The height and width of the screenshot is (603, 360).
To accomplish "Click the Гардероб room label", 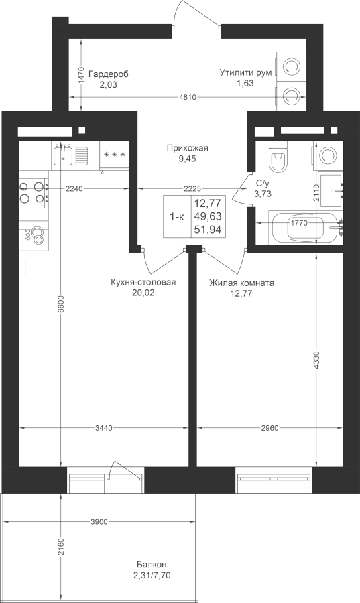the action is tap(109, 74).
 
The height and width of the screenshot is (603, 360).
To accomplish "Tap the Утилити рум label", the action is tap(246, 72).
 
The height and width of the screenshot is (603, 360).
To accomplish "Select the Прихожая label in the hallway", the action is tap(187, 148).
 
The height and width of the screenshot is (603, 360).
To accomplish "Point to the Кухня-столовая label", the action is tap(143, 283).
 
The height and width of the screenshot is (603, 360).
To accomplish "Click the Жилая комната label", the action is tap(241, 283).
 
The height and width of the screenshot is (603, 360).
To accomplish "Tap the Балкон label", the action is tap(152, 565).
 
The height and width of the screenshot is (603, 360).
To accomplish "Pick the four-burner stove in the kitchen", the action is tap(34, 193).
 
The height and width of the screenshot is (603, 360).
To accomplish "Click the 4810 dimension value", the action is tap(188, 97).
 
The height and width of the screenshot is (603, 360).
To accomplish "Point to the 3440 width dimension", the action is tap(103, 427).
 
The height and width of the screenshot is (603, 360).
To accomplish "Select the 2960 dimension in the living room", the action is tap(269, 427).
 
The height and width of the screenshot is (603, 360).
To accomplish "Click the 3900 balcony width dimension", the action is tap(99, 522).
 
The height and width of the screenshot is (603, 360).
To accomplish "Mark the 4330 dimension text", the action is tap(316, 360).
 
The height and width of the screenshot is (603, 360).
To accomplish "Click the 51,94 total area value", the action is tap(208, 230).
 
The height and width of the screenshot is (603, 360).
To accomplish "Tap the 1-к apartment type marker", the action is tap(177, 217).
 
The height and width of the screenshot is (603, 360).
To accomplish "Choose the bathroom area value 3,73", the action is tap(263, 194).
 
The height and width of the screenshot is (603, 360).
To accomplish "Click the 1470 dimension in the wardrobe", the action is tap(80, 75).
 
